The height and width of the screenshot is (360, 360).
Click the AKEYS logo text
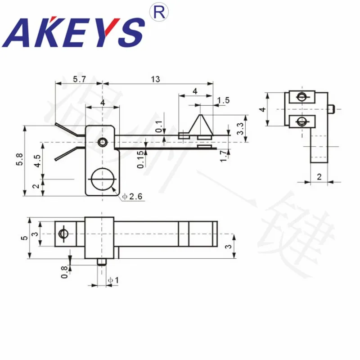(75, 32)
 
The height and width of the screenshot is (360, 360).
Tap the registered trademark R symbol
(158, 13)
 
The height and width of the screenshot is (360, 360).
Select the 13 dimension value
(155, 79)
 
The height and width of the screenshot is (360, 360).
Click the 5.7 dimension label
(79, 79)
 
